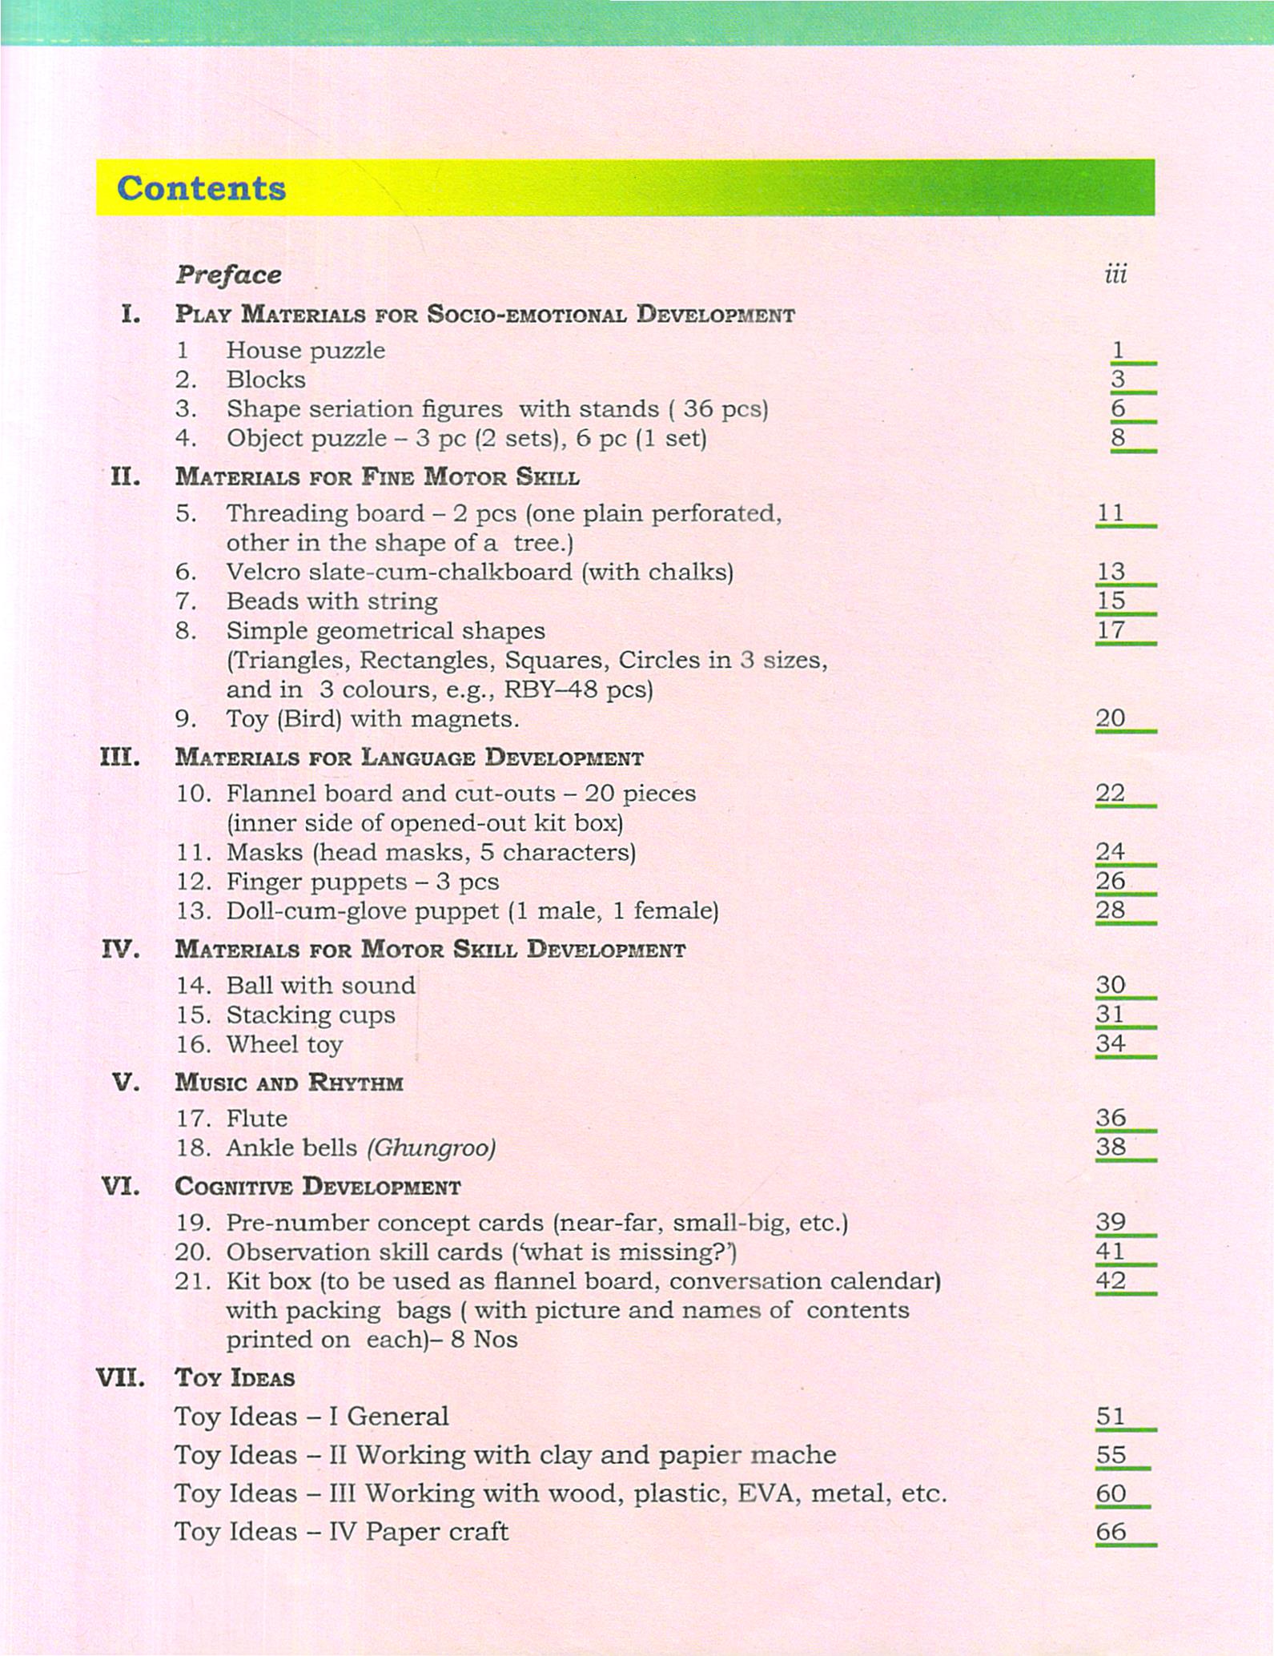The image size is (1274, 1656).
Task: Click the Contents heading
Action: pos(201,188)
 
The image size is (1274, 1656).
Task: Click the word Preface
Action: pos(228,275)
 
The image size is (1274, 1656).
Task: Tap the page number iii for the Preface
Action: pos(1115,275)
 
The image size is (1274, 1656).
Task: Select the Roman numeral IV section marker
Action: pos(121,950)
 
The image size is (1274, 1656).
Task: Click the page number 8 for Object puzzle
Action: pos(1118,437)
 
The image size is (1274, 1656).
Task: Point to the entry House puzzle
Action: pos(305,350)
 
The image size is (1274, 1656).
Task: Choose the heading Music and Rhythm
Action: pos(288,1083)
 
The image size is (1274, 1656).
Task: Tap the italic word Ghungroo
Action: pos(432,1148)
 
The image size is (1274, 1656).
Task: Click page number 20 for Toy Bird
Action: pos(1111,718)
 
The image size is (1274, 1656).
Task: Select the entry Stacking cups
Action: pos(311,1015)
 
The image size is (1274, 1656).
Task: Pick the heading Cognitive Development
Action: pos(317,1186)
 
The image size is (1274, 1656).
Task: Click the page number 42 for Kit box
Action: pos(1111,1280)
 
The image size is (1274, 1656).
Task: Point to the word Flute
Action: pos(256,1118)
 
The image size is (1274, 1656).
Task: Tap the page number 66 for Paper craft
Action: pos(1111,1531)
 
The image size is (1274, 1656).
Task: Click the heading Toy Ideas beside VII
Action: pos(235,1377)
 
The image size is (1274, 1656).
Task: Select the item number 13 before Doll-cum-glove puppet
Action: pos(192,910)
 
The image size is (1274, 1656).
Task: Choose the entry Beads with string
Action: pos(332,601)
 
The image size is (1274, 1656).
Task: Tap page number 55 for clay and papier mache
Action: pos(1111,1454)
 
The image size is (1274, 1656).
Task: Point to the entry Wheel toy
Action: pos(284,1044)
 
